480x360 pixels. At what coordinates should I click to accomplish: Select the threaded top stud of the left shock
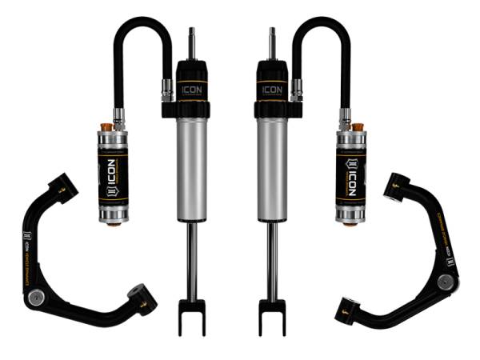(191, 44)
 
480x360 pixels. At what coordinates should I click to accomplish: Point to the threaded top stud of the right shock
(273, 44)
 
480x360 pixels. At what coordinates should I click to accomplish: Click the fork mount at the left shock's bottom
(192, 316)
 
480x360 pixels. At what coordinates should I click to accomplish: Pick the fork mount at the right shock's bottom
(272, 316)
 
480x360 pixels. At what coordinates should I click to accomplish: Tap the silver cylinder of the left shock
(192, 168)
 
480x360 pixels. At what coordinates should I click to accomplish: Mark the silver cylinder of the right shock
(272, 168)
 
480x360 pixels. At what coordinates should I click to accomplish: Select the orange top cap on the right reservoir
(358, 126)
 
